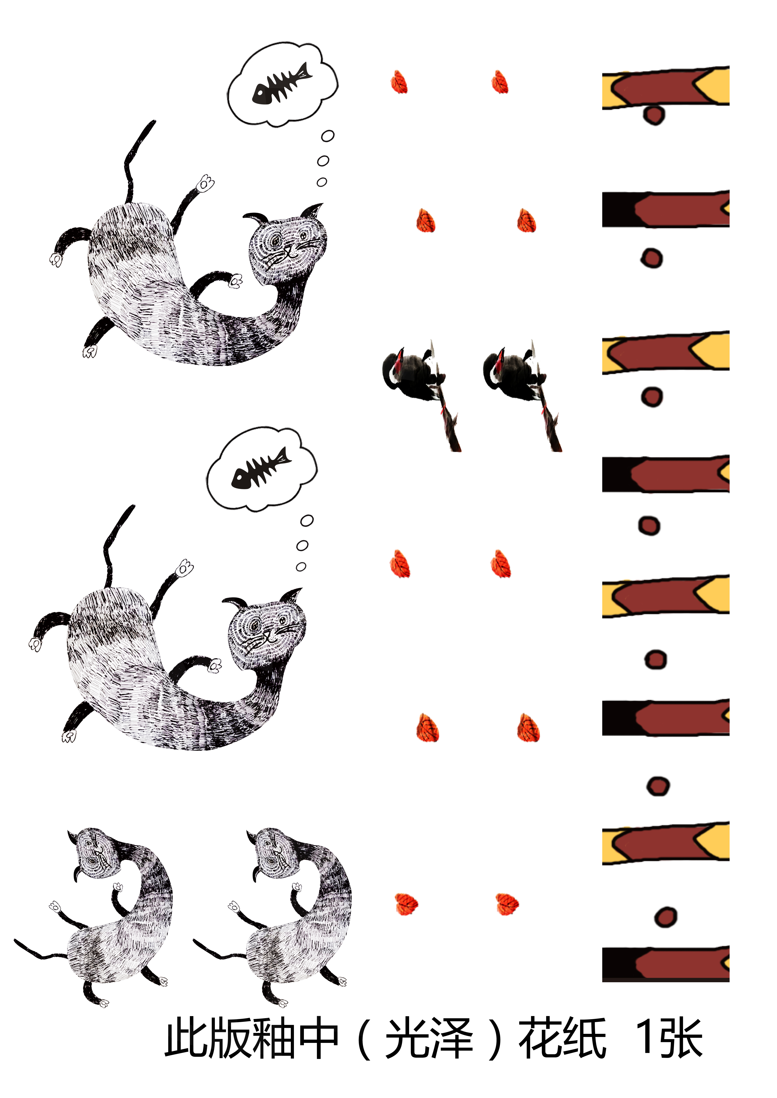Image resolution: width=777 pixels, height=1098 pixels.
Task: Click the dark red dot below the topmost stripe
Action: pyautogui.click(x=654, y=115)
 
